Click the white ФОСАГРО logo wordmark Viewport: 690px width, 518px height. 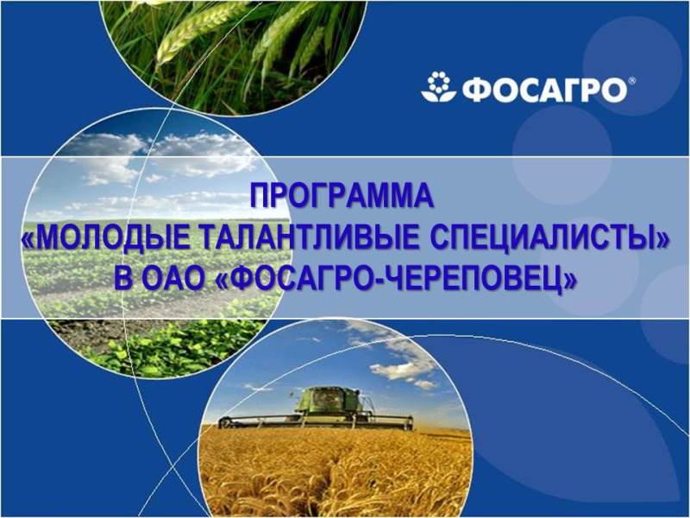click(x=545, y=90)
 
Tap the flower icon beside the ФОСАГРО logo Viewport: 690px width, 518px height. click(x=438, y=87)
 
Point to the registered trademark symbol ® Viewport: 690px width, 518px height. click(x=632, y=81)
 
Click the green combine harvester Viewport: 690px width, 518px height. click(x=317, y=408)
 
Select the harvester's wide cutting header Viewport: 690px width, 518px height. click(x=316, y=421)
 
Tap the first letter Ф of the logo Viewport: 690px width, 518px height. click(x=477, y=91)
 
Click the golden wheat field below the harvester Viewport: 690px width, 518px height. click(x=335, y=471)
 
